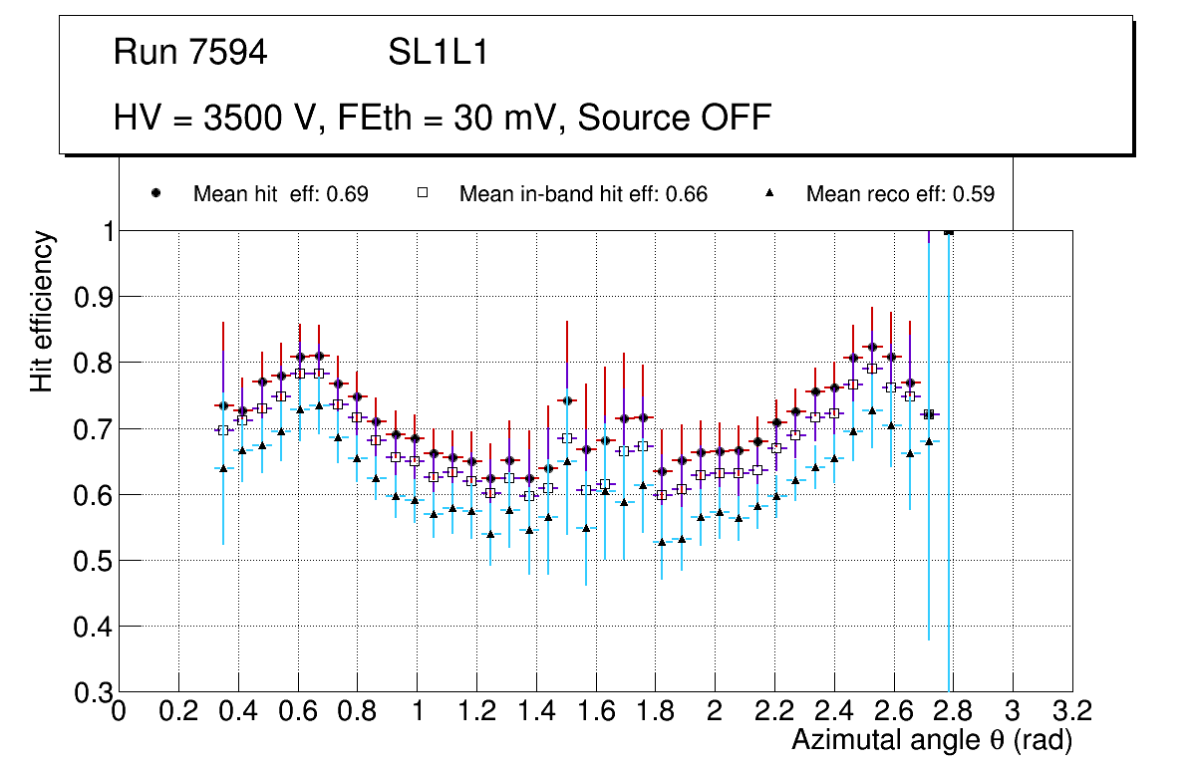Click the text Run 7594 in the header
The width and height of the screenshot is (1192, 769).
190,54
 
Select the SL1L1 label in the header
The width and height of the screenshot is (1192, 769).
439,54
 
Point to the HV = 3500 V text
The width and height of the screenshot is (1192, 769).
216,118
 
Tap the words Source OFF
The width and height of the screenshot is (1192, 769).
675,118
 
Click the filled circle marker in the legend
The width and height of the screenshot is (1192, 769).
155,193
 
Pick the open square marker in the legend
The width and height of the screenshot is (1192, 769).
423,193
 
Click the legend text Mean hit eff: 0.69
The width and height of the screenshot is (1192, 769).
281,194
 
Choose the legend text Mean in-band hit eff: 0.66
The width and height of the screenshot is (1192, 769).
583,194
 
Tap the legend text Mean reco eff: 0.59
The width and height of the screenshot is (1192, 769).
900,194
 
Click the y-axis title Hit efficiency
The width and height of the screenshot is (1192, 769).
42,311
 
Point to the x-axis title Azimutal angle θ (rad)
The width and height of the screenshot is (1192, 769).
932,740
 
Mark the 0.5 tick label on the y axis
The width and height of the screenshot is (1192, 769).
92,561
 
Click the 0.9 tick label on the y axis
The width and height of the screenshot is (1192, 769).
92,297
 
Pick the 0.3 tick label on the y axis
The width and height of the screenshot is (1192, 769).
92,692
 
